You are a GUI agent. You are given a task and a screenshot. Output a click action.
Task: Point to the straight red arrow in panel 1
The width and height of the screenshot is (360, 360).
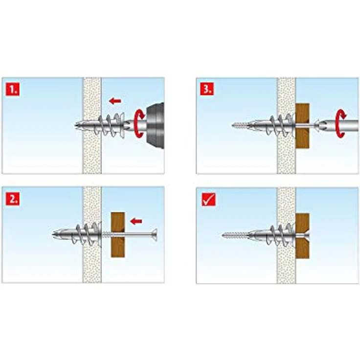[115, 101]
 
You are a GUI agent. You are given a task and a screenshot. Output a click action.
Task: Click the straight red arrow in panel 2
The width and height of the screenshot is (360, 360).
[135, 221]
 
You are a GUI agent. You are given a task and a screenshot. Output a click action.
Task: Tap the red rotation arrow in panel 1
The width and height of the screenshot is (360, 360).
[139, 122]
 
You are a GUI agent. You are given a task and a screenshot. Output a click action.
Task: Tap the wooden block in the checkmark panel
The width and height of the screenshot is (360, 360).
[303, 235]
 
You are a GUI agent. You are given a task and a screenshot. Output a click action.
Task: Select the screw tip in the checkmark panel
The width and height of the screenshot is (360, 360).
[226, 235]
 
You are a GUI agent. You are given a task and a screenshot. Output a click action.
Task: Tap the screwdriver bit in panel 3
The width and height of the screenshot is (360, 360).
[323, 126]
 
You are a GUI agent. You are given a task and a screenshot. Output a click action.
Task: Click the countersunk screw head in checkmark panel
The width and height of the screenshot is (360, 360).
[305, 235]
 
